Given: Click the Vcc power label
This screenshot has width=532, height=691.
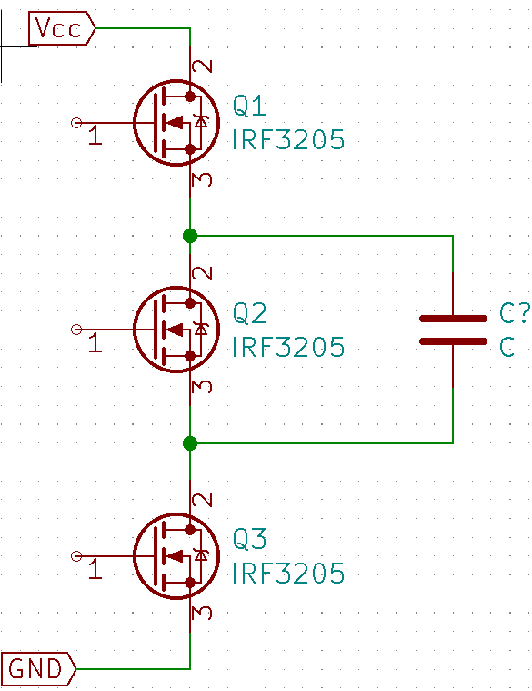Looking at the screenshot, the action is pos(62,28).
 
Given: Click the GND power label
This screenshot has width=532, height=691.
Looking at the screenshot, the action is pos(39,668).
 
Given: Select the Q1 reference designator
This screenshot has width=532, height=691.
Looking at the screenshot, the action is pos(249,107).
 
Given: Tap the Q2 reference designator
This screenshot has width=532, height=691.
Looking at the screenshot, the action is pos(249,313).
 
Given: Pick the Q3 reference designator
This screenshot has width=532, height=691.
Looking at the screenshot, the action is pos(249,539).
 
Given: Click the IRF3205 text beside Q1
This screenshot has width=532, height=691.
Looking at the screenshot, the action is pos(288,139).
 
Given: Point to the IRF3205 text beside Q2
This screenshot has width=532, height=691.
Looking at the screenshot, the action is pos(288,347).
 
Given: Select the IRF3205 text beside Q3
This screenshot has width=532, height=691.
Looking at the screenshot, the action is pos(288,573).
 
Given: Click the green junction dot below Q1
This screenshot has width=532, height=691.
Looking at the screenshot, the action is pos(190,236).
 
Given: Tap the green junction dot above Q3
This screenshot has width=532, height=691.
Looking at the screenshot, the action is pos(190,442).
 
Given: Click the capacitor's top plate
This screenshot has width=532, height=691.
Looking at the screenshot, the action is pos(453,319).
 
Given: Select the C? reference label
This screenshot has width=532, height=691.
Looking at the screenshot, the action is pos(515,313).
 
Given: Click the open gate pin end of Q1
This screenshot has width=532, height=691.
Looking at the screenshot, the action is pos(76,123).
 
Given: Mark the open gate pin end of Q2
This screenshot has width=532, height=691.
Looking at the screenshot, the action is pos(76,330).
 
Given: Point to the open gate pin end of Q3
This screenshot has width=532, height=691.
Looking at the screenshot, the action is pos(76,556).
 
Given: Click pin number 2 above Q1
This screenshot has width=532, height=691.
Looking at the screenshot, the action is pos(203,66).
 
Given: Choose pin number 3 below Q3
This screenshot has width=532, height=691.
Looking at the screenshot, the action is pos(203,613).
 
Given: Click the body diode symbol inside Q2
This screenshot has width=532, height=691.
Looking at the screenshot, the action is pos(201,330).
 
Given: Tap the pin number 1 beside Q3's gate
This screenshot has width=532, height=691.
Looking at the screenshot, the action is pos(95,569).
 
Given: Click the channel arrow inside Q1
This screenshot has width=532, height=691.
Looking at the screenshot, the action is pos(175,123).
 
